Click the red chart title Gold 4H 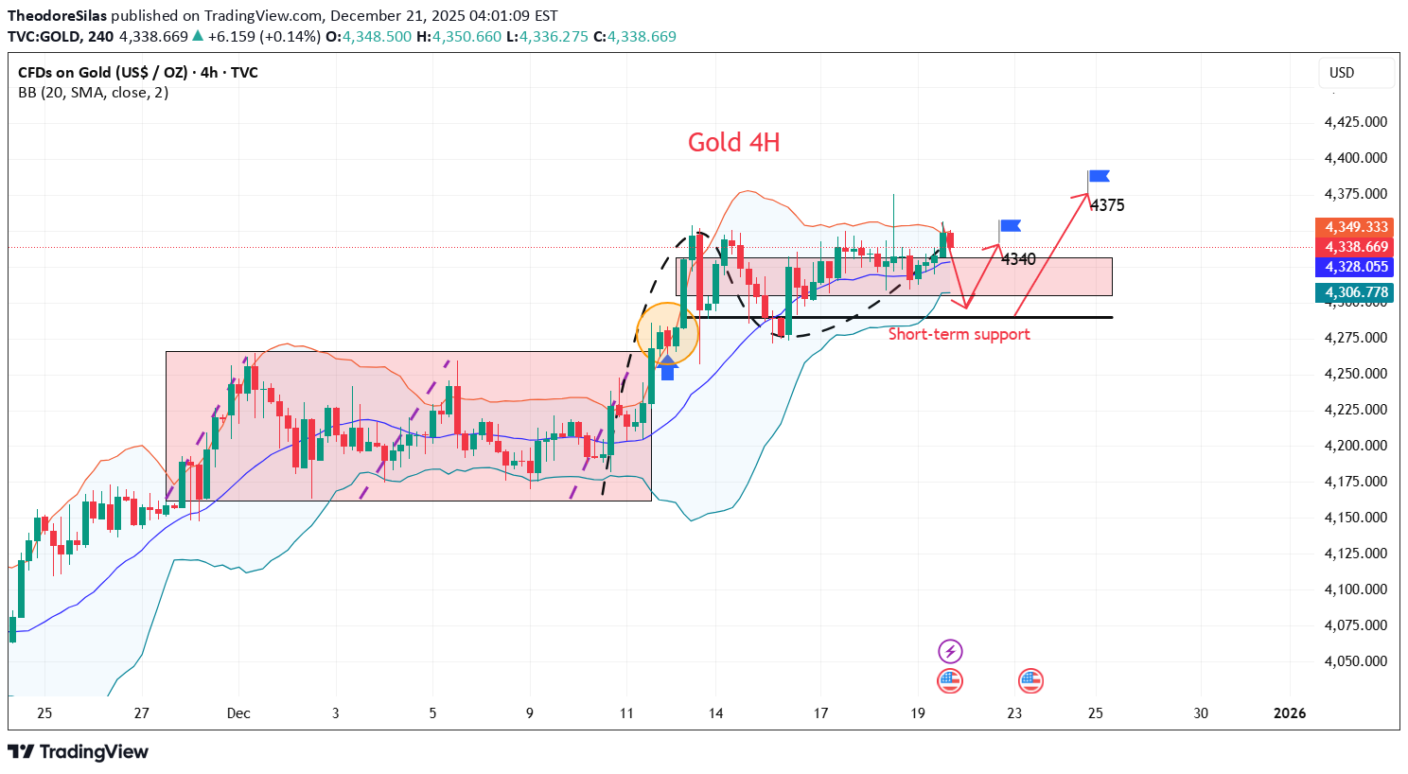pyautogui.click(x=733, y=143)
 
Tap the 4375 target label pyautogui.click(x=1106, y=205)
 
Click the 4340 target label pyautogui.click(x=1018, y=258)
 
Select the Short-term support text pyautogui.click(x=959, y=334)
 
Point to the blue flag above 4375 pyautogui.click(x=1099, y=176)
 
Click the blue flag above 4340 pyautogui.click(x=1011, y=225)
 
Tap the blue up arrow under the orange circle pyautogui.click(x=667, y=367)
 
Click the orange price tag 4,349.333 pyautogui.click(x=1356, y=227)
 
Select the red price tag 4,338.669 pyautogui.click(x=1356, y=247)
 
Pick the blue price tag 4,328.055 pyautogui.click(x=1356, y=267)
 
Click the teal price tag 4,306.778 pyautogui.click(x=1356, y=292)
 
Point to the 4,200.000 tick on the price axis pyautogui.click(x=1355, y=446)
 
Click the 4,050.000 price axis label pyautogui.click(x=1355, y=661)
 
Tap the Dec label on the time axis pyautogui.click(x=238, y=713)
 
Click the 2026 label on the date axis pyautogui.click(x=1290, y=713)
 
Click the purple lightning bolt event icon pyautogui.click(x=950, y=651)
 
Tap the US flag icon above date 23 pyautogui.click(x=1030, y=680)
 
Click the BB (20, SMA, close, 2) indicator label pyautogui.click(x=94, y=93)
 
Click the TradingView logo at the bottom pyautogui.click(x=79, y=752)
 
